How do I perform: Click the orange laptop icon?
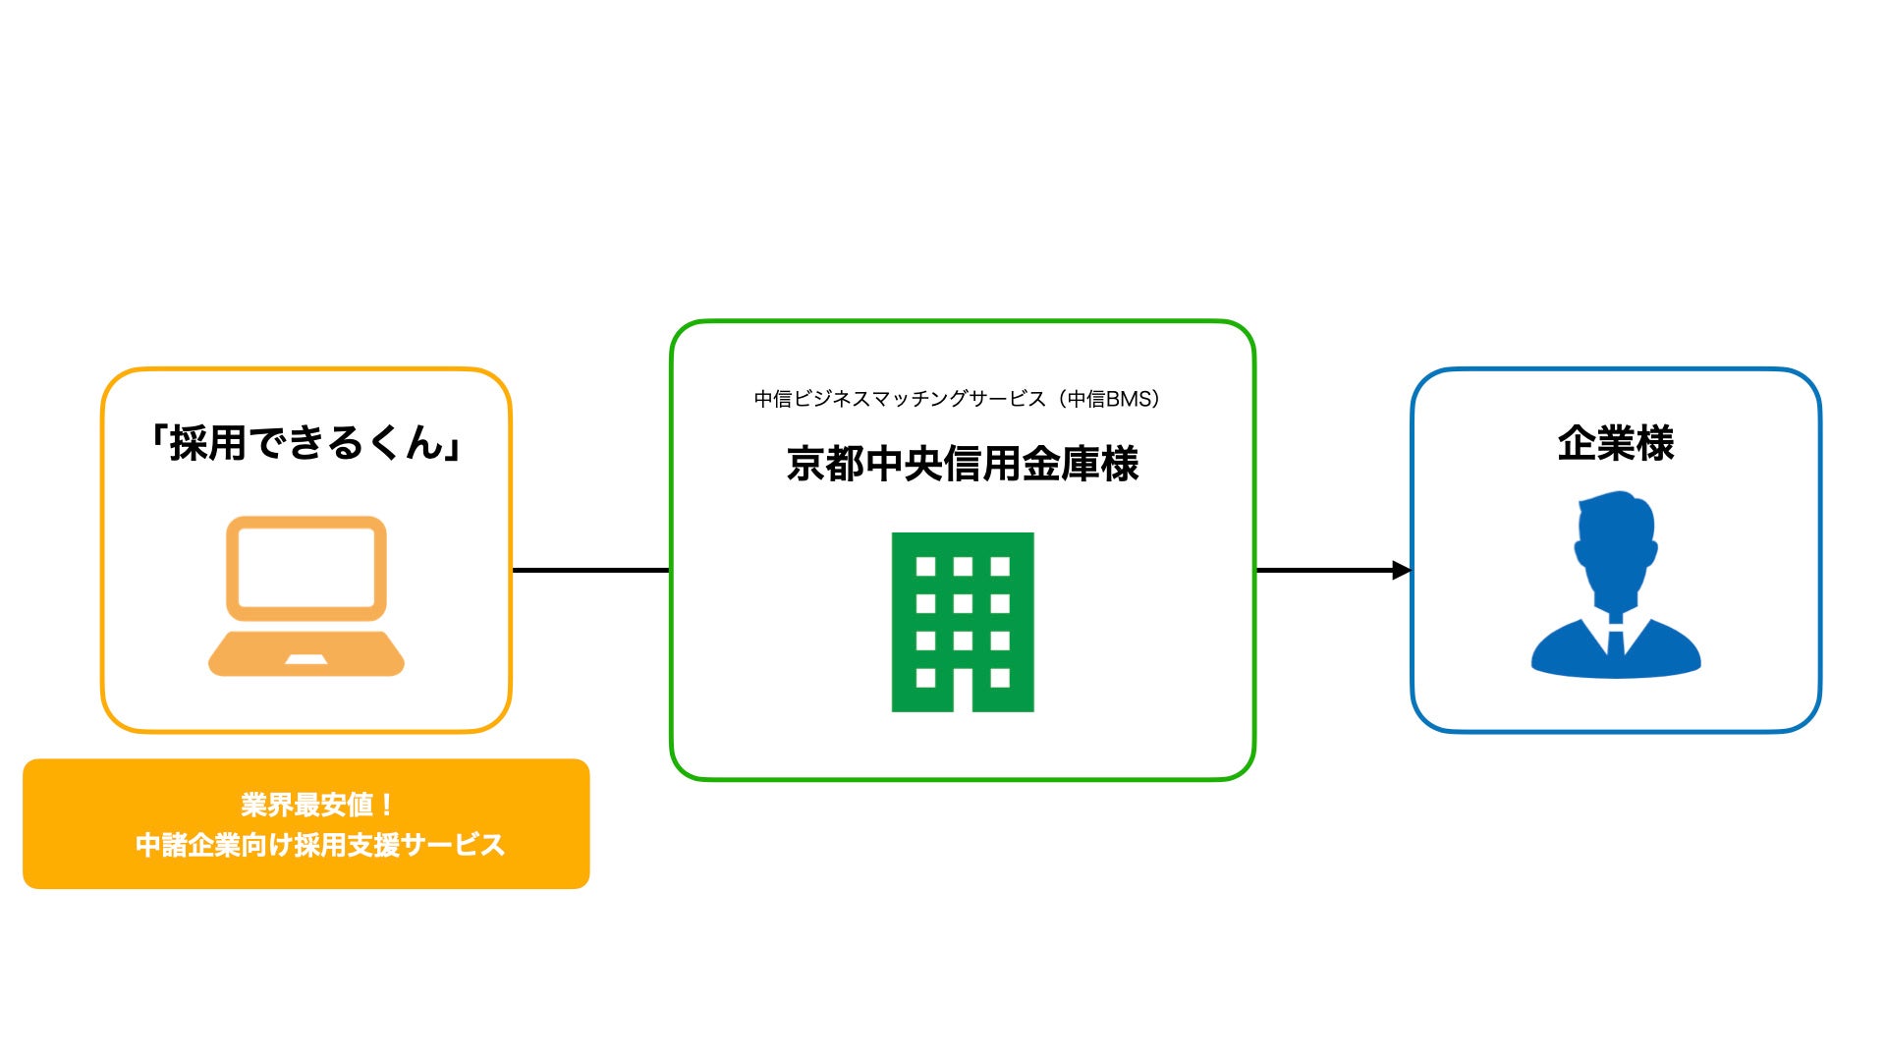(306, 595)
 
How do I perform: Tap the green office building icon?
(963, 622)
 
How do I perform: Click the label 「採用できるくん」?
(306, 443)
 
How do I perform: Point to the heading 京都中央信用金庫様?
(963, 464)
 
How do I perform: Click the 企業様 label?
(1616, 443)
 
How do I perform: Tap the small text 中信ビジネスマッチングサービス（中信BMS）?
(958, 399)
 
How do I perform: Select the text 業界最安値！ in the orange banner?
(317, 805)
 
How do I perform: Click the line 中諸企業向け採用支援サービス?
(320, 845)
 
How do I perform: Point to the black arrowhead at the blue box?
(1402, 570)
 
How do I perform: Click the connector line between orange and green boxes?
(591, 570)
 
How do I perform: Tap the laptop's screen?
(306, 568)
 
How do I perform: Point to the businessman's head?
(1616, 540)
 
